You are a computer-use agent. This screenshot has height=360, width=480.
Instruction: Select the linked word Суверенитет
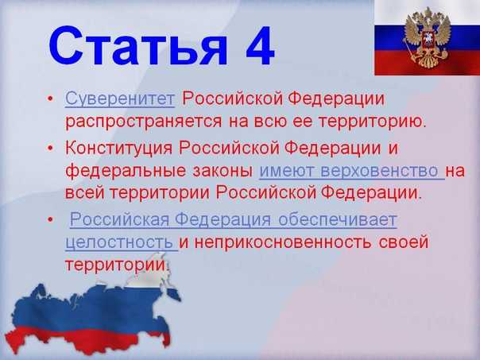click(120, 100)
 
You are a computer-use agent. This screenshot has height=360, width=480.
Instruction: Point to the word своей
click(402, 242)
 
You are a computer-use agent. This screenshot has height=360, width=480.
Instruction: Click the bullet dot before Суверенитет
click(51, 101)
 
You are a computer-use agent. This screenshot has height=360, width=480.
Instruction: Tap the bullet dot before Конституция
click(51, 149)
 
